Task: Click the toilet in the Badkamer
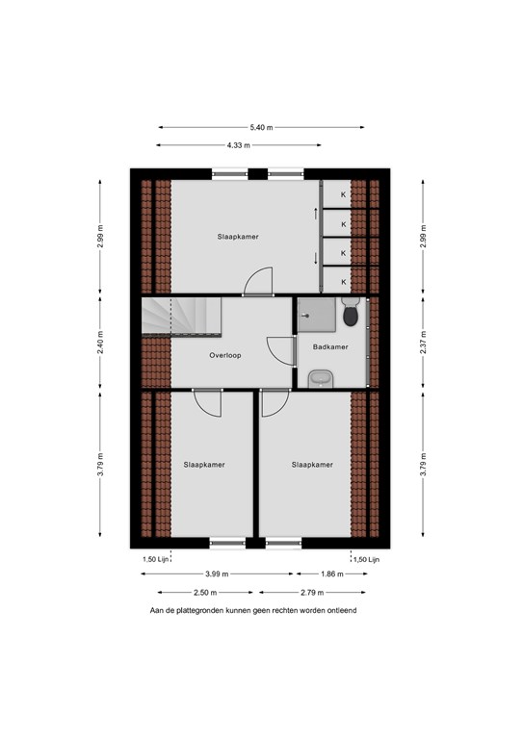(351, 312)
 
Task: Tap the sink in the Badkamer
(321, 379)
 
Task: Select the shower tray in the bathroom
(317, 315)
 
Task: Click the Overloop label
(225, 355)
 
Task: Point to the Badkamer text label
(330, 346)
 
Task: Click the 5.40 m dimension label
(261, 127)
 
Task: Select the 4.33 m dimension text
(239, 145)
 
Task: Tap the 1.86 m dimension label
(332, 574)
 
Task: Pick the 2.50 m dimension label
(205, 593)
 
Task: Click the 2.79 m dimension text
(312, 593)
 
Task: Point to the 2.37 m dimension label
(423, 343)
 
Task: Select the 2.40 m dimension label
(100, 343)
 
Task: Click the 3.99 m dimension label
(217, 574)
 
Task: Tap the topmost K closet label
(343, 194)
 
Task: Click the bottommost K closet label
(343, 282)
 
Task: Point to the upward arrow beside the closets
(316, 214)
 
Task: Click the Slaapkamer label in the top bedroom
(238, 237)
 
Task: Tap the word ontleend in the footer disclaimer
(343, 610)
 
